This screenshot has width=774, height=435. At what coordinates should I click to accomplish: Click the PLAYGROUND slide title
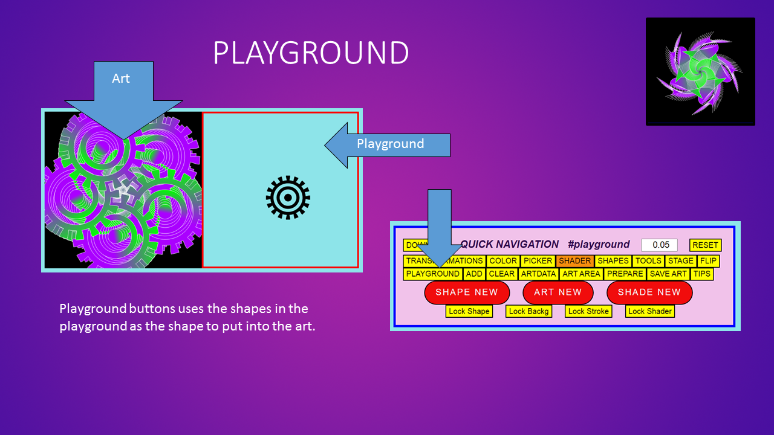click(311, 53)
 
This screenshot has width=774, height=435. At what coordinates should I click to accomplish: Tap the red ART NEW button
click(558, 292)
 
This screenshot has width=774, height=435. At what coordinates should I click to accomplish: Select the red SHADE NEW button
click(649, 292)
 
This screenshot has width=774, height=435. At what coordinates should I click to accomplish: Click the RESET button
click(705, 245)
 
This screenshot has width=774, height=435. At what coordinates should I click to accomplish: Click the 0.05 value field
click(659, 245)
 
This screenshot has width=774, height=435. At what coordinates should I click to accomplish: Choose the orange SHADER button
click(574, 261)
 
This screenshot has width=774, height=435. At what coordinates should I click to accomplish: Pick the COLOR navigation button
click(503, 261)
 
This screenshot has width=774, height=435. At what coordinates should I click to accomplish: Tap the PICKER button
click(538, 261)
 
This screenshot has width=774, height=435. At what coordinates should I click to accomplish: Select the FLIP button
click(708, 261)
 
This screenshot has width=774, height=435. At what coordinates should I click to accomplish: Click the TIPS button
click(701, 274)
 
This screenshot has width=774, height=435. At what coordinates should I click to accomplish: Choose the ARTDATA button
click(538, 274)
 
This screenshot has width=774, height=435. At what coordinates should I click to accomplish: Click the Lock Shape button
click(469, 311)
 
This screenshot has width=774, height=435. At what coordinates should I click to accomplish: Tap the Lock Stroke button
click(588, 311)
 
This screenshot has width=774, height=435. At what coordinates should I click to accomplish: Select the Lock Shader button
click(650, 311)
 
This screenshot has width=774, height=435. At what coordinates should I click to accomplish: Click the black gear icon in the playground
click(288, 198)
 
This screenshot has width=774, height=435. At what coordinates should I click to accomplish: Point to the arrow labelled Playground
click(390, 145)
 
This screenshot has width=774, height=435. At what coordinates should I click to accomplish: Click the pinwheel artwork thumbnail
click(700, 71)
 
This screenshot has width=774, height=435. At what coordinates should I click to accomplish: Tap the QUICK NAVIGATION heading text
click(509, 245)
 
